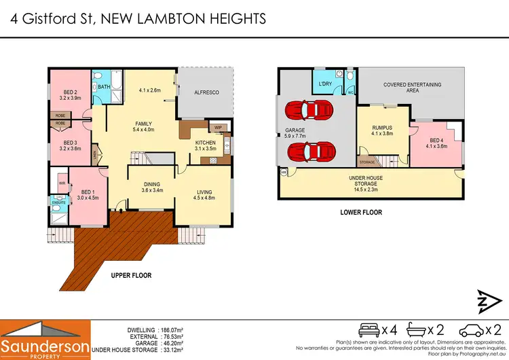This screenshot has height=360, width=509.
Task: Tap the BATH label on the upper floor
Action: tap(104, 87)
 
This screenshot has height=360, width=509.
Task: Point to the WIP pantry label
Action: tap(218, 127)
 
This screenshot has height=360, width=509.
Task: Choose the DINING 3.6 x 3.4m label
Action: tap(151, 187)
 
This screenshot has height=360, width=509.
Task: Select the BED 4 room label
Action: tap(436, 143)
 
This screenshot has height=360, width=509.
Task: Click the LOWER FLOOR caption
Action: tap(361, 213)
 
